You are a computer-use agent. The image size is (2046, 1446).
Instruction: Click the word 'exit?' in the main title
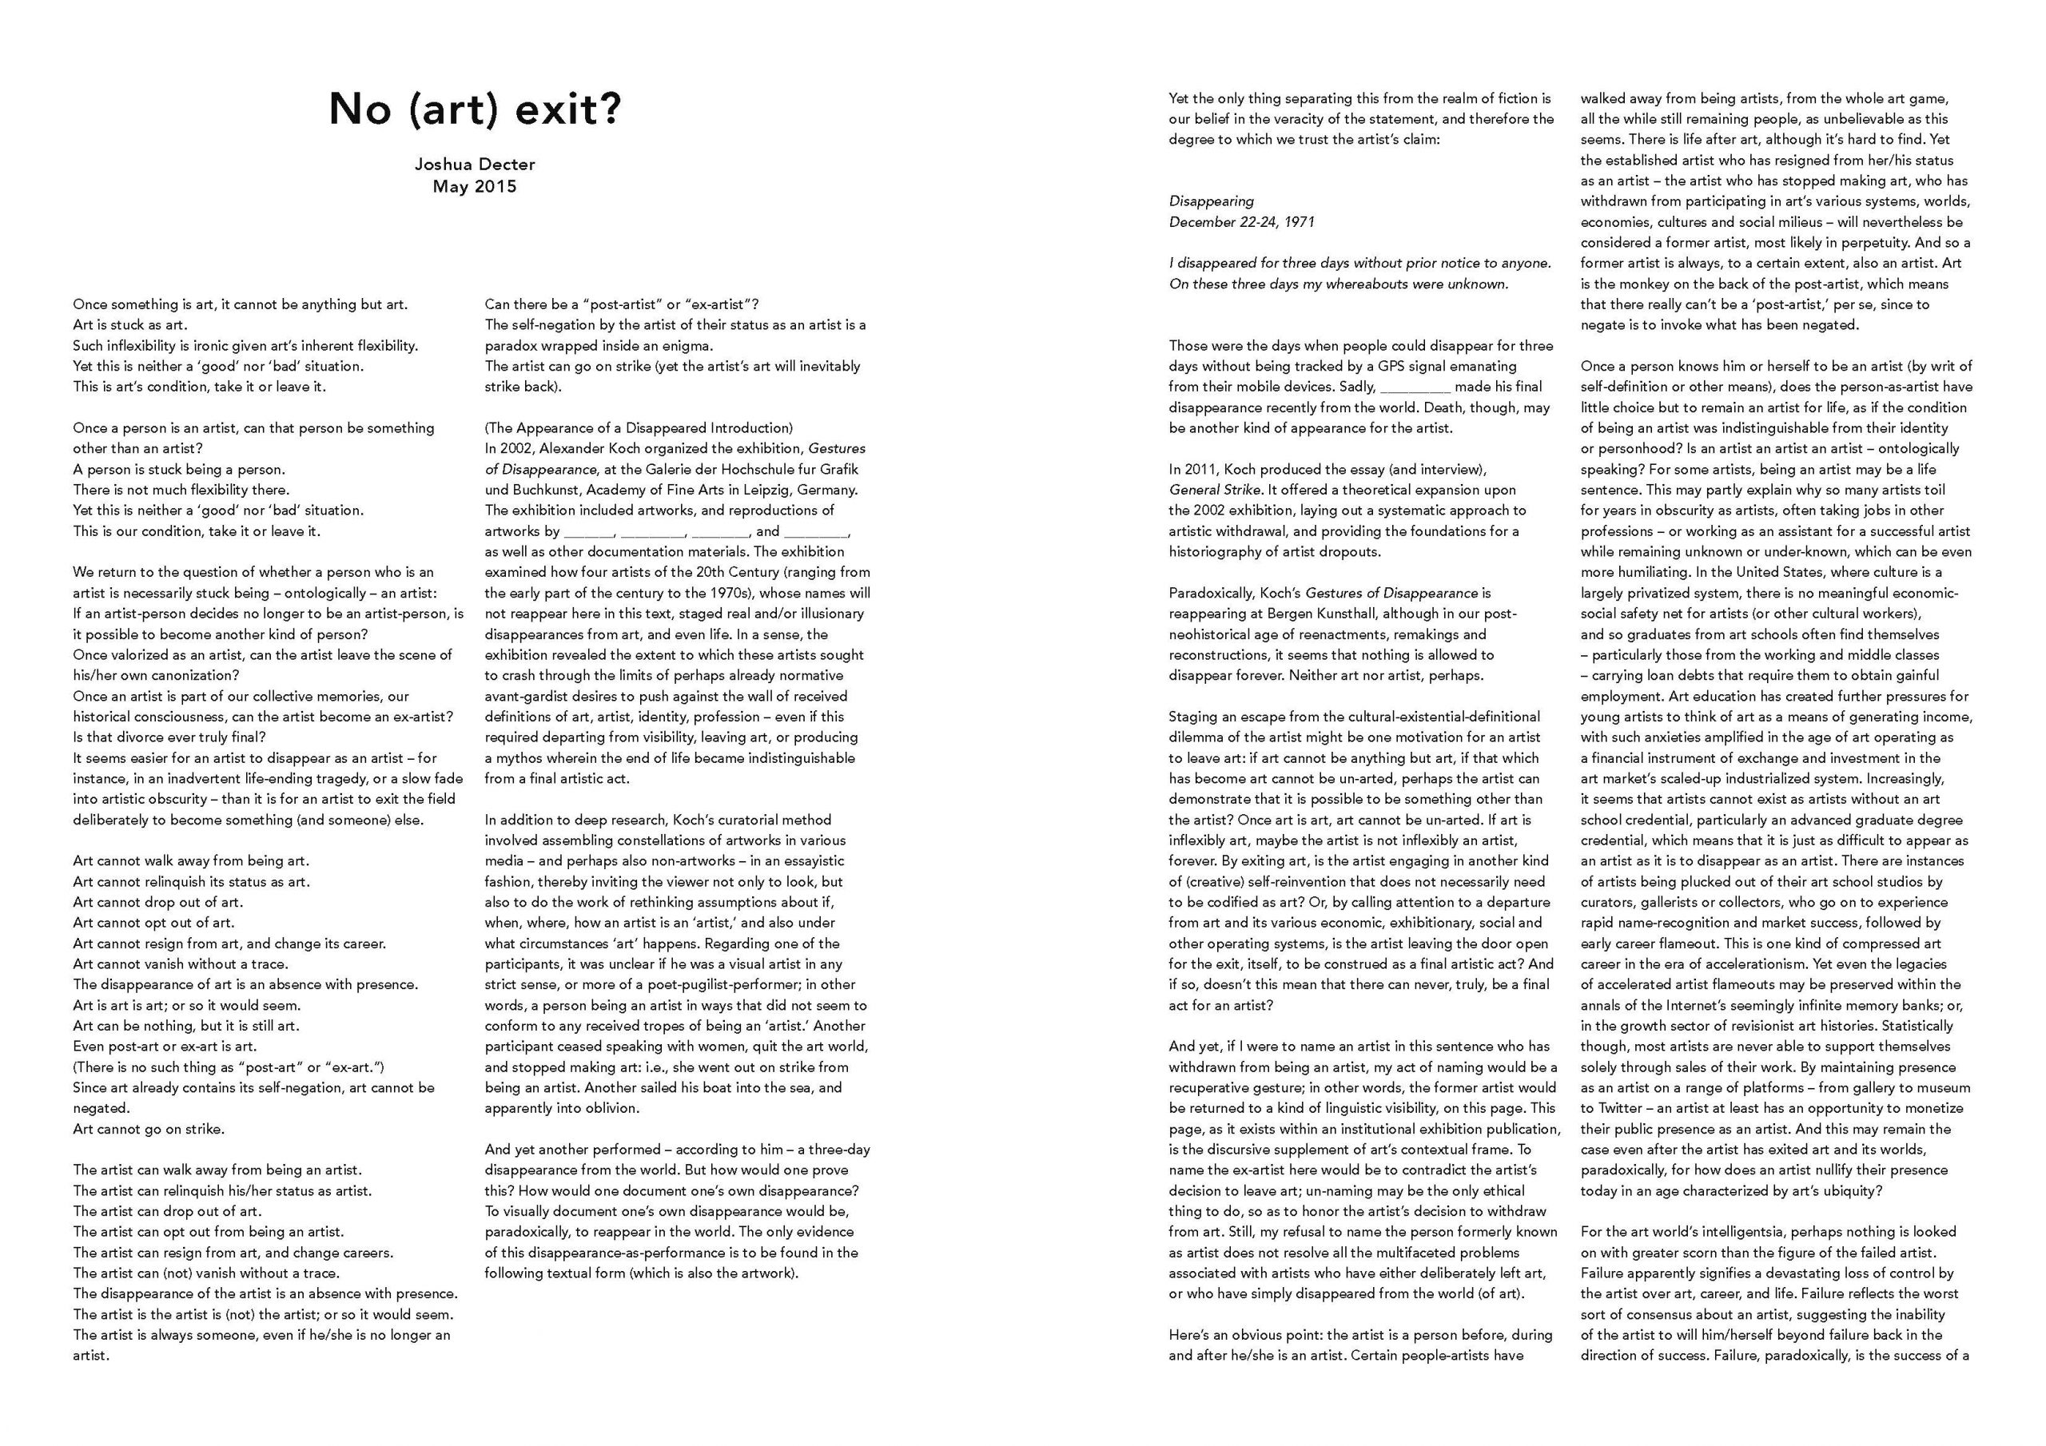coord(571,110)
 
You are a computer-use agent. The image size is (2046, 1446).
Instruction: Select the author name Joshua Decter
coord(475,164)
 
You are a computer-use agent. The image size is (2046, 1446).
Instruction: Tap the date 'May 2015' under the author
coord(475,187)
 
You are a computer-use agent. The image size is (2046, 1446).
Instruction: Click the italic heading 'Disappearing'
coord(1211,201)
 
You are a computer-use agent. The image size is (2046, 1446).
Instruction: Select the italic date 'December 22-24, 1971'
coord(1241,222)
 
